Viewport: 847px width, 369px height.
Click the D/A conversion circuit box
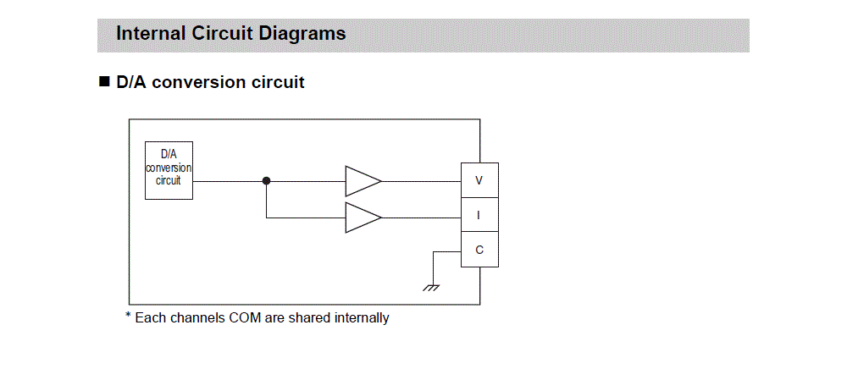169,170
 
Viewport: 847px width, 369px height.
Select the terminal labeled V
479,180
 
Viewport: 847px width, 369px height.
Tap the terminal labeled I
479,215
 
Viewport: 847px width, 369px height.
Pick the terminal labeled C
479,250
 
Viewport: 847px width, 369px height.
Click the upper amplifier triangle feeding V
361,180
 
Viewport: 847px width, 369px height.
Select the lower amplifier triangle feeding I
361,218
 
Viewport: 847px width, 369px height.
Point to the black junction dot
266,180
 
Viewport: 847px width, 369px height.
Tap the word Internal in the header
147,34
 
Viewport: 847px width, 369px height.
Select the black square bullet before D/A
105,82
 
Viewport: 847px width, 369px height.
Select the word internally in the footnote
362,318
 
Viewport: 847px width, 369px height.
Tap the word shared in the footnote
309,318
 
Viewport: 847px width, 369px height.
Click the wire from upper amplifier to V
421,180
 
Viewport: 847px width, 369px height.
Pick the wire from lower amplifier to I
421,218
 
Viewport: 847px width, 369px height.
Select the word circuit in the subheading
279,82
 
